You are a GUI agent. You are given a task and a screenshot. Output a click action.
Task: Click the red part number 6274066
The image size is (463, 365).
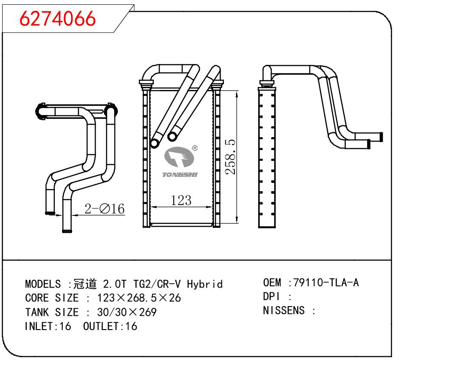(58, 19)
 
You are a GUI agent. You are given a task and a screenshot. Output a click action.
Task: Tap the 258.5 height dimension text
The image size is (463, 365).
(231, 157)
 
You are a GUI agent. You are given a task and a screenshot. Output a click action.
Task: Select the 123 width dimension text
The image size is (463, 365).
(181, 200)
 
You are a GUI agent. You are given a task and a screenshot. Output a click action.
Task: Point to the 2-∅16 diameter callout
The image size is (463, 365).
(104, 209)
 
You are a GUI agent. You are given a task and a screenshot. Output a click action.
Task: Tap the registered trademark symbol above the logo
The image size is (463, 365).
(195, 148)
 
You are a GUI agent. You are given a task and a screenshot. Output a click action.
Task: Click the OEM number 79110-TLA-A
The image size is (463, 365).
(326, 283)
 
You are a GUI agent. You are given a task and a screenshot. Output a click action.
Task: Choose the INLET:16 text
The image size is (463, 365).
(48, 326)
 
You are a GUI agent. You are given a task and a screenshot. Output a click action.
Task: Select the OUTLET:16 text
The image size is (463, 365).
(110, 326)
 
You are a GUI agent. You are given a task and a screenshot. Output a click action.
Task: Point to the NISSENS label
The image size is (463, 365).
(284, 311)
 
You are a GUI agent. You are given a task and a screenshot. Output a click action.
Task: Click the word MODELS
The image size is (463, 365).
(43, 284)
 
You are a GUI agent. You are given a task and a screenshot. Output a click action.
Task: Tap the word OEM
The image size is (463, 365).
(272, 283)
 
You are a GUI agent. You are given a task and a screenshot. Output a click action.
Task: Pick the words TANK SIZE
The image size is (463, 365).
(52, 312)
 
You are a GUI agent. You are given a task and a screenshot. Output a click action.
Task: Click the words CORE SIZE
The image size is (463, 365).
(52, 298)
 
